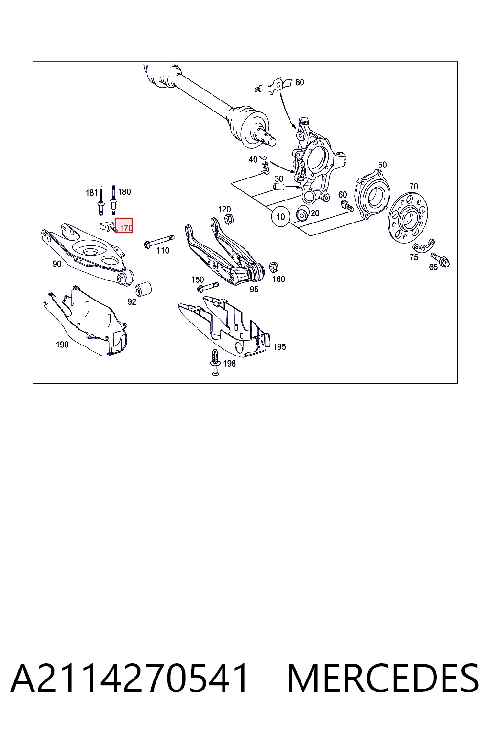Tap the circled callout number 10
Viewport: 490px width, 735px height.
pos(280,217)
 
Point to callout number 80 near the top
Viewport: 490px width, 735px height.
pos(300,82)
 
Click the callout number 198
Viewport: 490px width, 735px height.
pos(229,363)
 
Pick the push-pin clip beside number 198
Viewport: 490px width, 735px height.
pos(215,362)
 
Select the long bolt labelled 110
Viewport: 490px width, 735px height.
pos(159,241)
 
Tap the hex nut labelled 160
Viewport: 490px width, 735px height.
pos(273,267)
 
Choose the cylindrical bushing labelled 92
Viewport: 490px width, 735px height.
pos(144,289)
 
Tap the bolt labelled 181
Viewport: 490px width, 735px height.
pos(101,200)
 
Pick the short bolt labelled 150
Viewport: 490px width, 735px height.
pos(208,287)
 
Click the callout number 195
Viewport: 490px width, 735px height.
pos(279,346)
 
